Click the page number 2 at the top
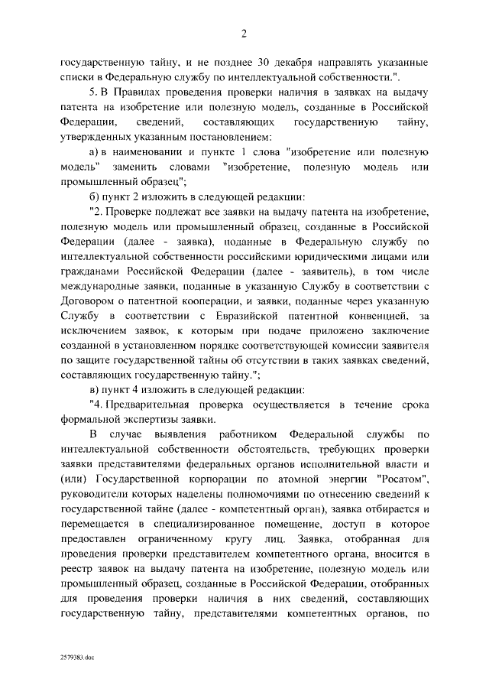[244, 33]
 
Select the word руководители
[93, 495]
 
